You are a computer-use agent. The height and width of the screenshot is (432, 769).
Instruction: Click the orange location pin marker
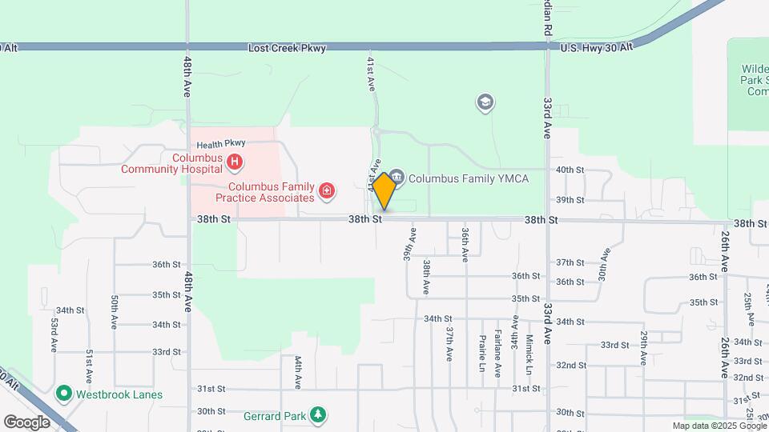click(384, 190)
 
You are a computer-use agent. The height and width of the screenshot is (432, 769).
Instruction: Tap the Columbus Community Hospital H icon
click(235, 163)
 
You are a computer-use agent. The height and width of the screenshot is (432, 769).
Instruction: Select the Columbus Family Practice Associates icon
click(327, 190)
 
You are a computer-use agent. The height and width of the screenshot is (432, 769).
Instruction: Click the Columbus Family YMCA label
click(469, 178)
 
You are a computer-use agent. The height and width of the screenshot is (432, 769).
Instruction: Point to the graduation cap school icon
click(485, 102)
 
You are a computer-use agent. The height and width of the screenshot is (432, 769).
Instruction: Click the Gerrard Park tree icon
click(319, 414)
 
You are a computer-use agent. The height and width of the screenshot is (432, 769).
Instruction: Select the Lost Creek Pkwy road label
click(287, 49)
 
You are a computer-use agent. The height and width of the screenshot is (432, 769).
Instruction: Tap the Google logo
click(27, 421)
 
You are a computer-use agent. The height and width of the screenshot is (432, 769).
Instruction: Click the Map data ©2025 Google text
click(719, 426)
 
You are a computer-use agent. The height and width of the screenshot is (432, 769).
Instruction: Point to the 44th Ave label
click(297, 372)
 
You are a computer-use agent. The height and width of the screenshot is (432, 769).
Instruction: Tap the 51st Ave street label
click(89, 365)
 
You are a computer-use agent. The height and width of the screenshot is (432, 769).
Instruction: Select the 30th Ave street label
click(603, 263)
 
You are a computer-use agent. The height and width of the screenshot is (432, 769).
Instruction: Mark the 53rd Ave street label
click(54, 335)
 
